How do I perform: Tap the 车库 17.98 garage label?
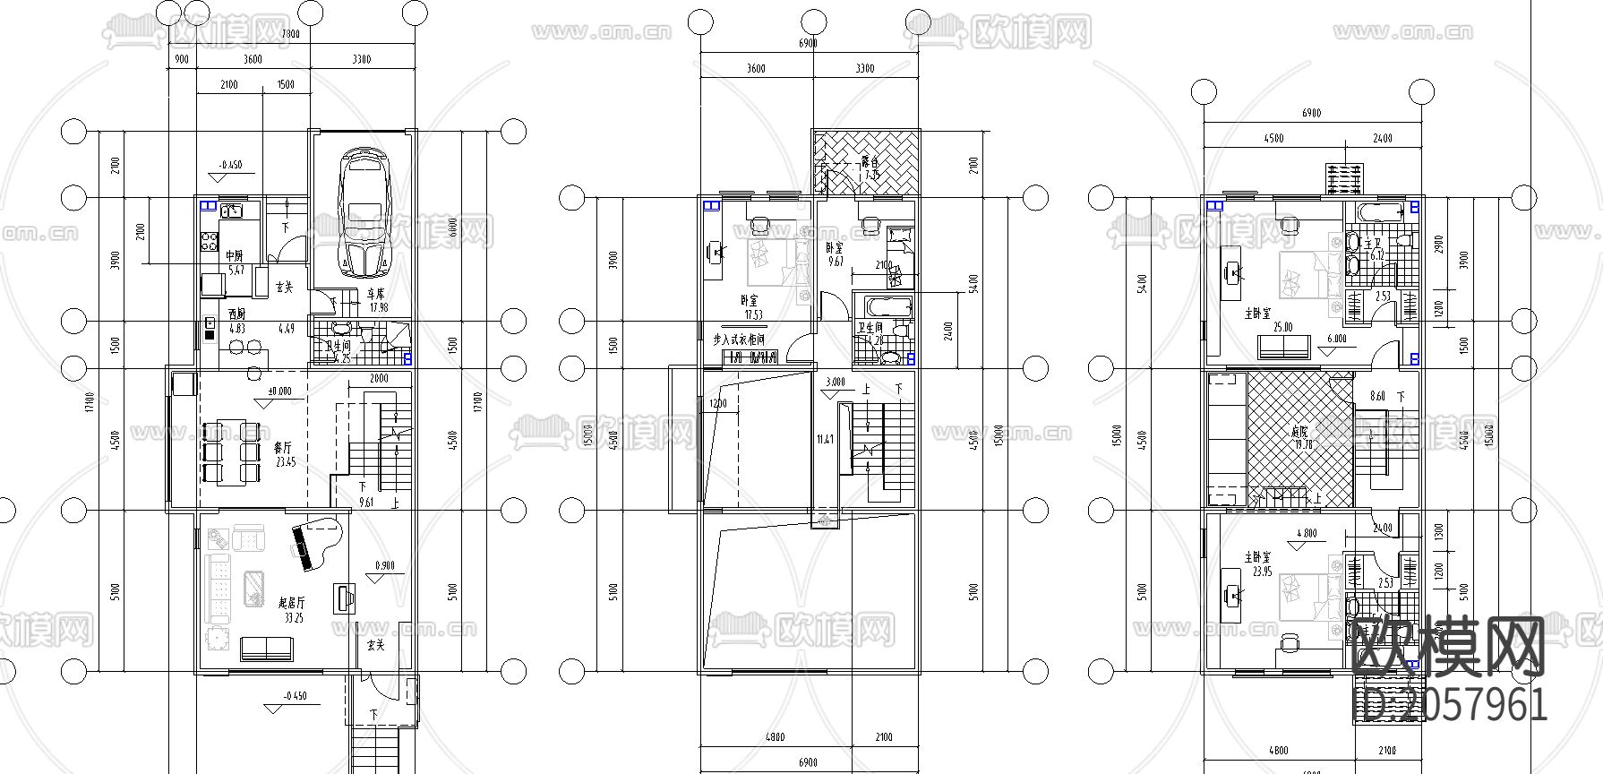point(377,299)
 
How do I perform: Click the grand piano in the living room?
point(313,542)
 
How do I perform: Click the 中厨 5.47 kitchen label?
point(235,262)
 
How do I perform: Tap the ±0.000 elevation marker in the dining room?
point(279,392)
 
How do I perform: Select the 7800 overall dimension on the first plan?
point(290,35)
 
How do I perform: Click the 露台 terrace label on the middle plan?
point(869,168)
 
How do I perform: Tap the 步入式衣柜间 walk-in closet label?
point(739,340)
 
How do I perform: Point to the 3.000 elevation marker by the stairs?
point(834,382)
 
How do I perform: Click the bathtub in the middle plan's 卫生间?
point(882,307)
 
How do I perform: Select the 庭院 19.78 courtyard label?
point(1299,437)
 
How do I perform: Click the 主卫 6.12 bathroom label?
point(1376,248)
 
